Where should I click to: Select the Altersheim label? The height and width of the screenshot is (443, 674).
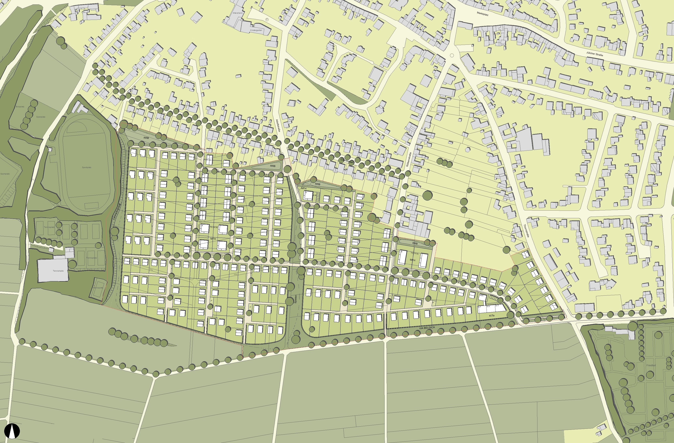point(238,13)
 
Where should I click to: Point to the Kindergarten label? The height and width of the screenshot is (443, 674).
point(256,30)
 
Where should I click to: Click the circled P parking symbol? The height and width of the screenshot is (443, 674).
point(267,19)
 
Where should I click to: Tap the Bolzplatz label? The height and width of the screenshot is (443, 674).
point(20,107)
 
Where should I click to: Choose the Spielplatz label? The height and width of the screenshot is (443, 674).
point(41,117)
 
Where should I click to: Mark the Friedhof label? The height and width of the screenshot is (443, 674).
point(651,365)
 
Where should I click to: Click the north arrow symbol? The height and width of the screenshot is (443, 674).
point(12,431)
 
